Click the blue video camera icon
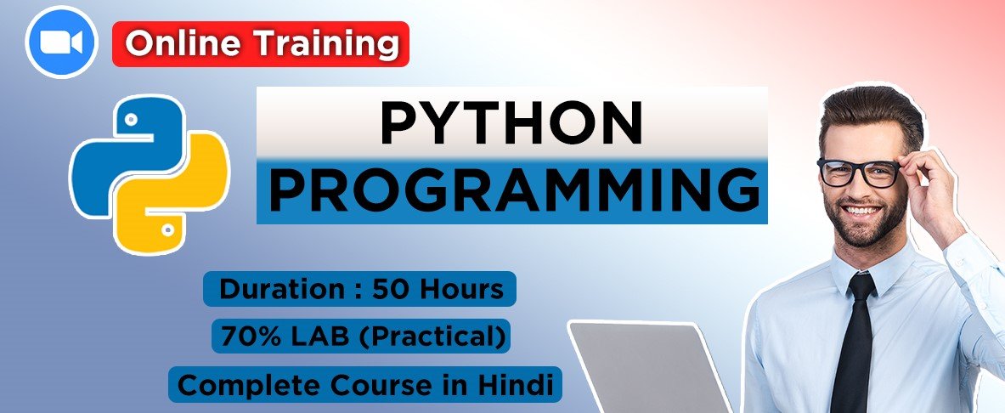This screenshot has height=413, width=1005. (61, 42)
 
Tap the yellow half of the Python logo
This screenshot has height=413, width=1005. (179, 192)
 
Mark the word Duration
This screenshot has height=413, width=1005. (272, 289)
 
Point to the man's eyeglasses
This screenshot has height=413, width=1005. (859, 171)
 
